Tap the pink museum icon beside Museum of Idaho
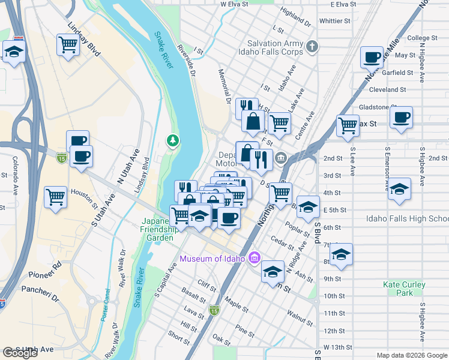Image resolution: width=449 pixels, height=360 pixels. tap(255, 258)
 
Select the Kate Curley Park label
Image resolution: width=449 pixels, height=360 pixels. tap(405, 289)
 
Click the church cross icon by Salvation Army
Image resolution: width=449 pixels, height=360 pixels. tap(312, 47)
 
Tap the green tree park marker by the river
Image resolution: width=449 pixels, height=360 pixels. tap(173, 140)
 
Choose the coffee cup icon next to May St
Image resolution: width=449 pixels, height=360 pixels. tap(372, 57)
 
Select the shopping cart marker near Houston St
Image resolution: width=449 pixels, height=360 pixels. tap(55, 196)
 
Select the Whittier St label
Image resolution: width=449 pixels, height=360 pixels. tap(335, 20)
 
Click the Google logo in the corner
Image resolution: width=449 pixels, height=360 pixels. tap(20, 353)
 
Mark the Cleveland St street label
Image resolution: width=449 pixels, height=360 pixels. tap(388, 89)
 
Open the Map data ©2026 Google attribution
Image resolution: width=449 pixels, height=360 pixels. tap(412, 355)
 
